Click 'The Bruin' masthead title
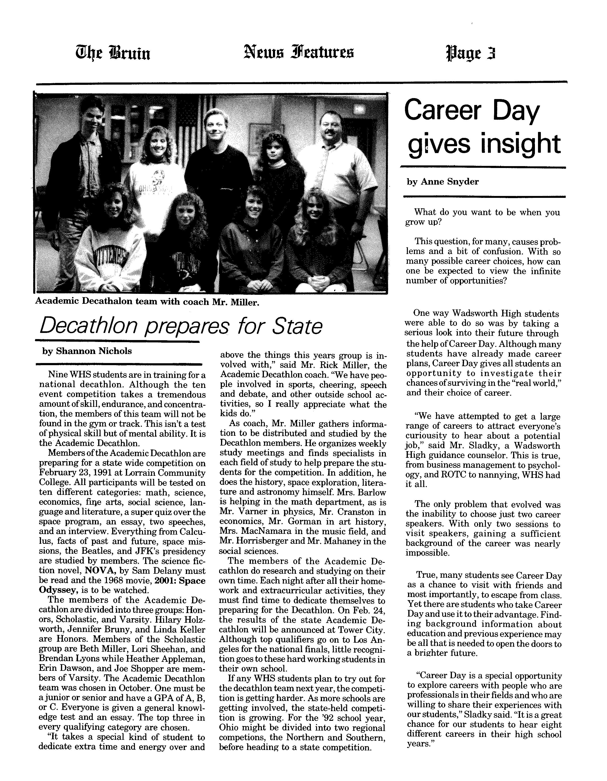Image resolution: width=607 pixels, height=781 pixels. [x=112, y=53]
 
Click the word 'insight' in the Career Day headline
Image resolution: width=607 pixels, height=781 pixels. [x=520, y=144]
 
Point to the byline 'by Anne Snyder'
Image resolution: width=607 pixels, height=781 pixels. [x=442, y=182]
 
